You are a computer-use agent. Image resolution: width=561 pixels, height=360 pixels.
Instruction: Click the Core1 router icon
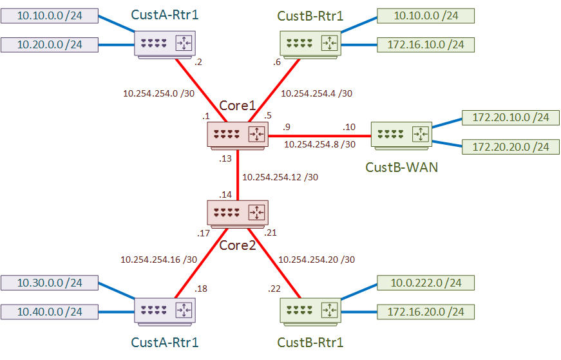[x=238, y=135]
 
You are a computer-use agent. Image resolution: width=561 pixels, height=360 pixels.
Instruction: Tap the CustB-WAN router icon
[x=403, y=135]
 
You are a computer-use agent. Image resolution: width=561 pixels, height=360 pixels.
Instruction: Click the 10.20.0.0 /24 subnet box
[x=50, y=44]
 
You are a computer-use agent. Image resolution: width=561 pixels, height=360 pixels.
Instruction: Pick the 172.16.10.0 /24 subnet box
[x=425, y=44]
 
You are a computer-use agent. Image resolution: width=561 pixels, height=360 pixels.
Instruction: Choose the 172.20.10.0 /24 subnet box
[x=511, y=118]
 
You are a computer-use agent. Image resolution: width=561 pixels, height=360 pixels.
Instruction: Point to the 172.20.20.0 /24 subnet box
[x=511, y=147]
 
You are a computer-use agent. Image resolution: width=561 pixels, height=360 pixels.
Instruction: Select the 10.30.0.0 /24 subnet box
[x=50, y=282]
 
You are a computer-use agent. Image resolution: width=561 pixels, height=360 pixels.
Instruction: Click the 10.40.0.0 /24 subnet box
[x=50, y=312]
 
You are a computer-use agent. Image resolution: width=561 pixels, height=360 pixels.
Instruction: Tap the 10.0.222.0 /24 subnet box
[x=425, y=282]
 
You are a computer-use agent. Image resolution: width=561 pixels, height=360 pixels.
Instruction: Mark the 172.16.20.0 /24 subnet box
[x=425, y=312]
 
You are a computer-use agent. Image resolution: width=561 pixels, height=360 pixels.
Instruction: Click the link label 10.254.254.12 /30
[x=280, y=176]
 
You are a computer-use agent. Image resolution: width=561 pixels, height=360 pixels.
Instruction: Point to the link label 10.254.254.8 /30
[x=319, y=144]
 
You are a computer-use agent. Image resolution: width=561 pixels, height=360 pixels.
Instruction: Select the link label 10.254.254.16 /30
[x=158, y=260]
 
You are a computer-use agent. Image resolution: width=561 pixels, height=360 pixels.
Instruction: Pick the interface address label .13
[x=225, y=158]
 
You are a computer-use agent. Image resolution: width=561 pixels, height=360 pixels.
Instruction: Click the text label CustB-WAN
[x=401, y=167]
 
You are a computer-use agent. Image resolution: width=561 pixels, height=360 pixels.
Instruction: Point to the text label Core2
[x=238, y=245]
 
